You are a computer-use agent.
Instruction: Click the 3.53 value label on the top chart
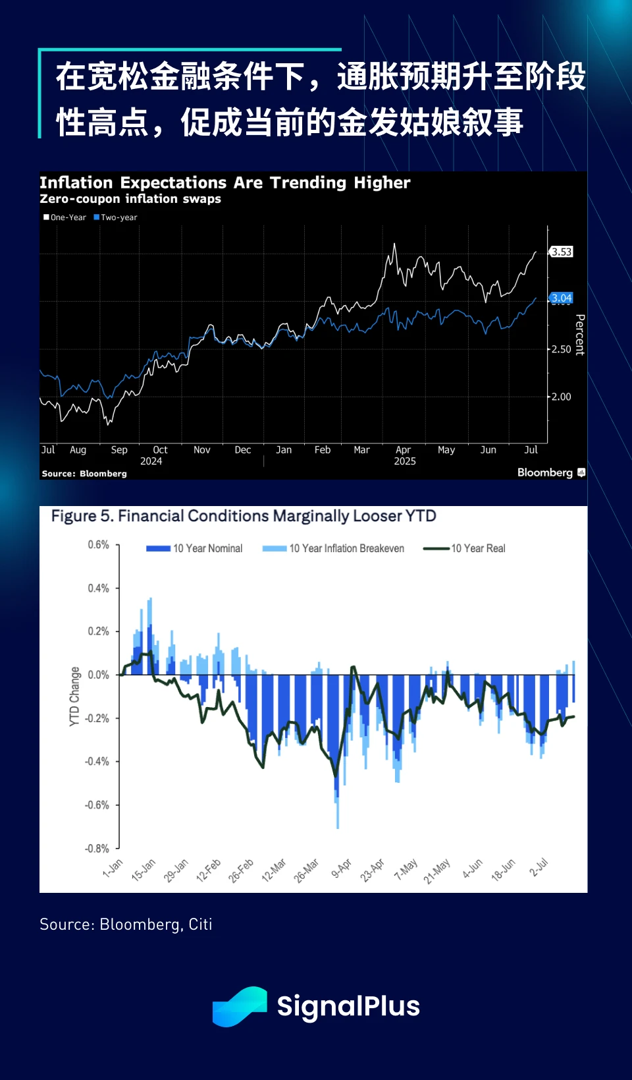point(562,252)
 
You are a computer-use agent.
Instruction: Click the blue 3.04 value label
point(562,298)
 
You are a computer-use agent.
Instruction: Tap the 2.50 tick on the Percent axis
point(561,349)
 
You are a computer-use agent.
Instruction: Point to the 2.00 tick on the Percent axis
point(561,397)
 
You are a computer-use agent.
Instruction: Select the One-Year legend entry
point(65,217)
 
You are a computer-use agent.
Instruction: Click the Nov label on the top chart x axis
point(201,450)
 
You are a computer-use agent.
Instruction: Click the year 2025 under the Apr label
point(405,461)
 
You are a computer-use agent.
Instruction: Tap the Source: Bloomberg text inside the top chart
point(84,474)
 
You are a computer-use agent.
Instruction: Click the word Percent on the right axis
point(580,335)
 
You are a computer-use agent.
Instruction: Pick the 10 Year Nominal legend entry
point(195,548)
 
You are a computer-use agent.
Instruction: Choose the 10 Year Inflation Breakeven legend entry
point(334,548)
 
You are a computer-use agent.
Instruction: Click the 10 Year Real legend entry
point(465,548)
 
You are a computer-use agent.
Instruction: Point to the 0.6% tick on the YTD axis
point(99,545)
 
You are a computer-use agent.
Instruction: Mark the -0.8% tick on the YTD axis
point(97,848)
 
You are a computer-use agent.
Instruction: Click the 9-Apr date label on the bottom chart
point(342,868)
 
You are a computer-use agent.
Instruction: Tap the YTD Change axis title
point(74,696)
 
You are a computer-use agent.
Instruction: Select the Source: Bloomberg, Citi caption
point(126,924)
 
